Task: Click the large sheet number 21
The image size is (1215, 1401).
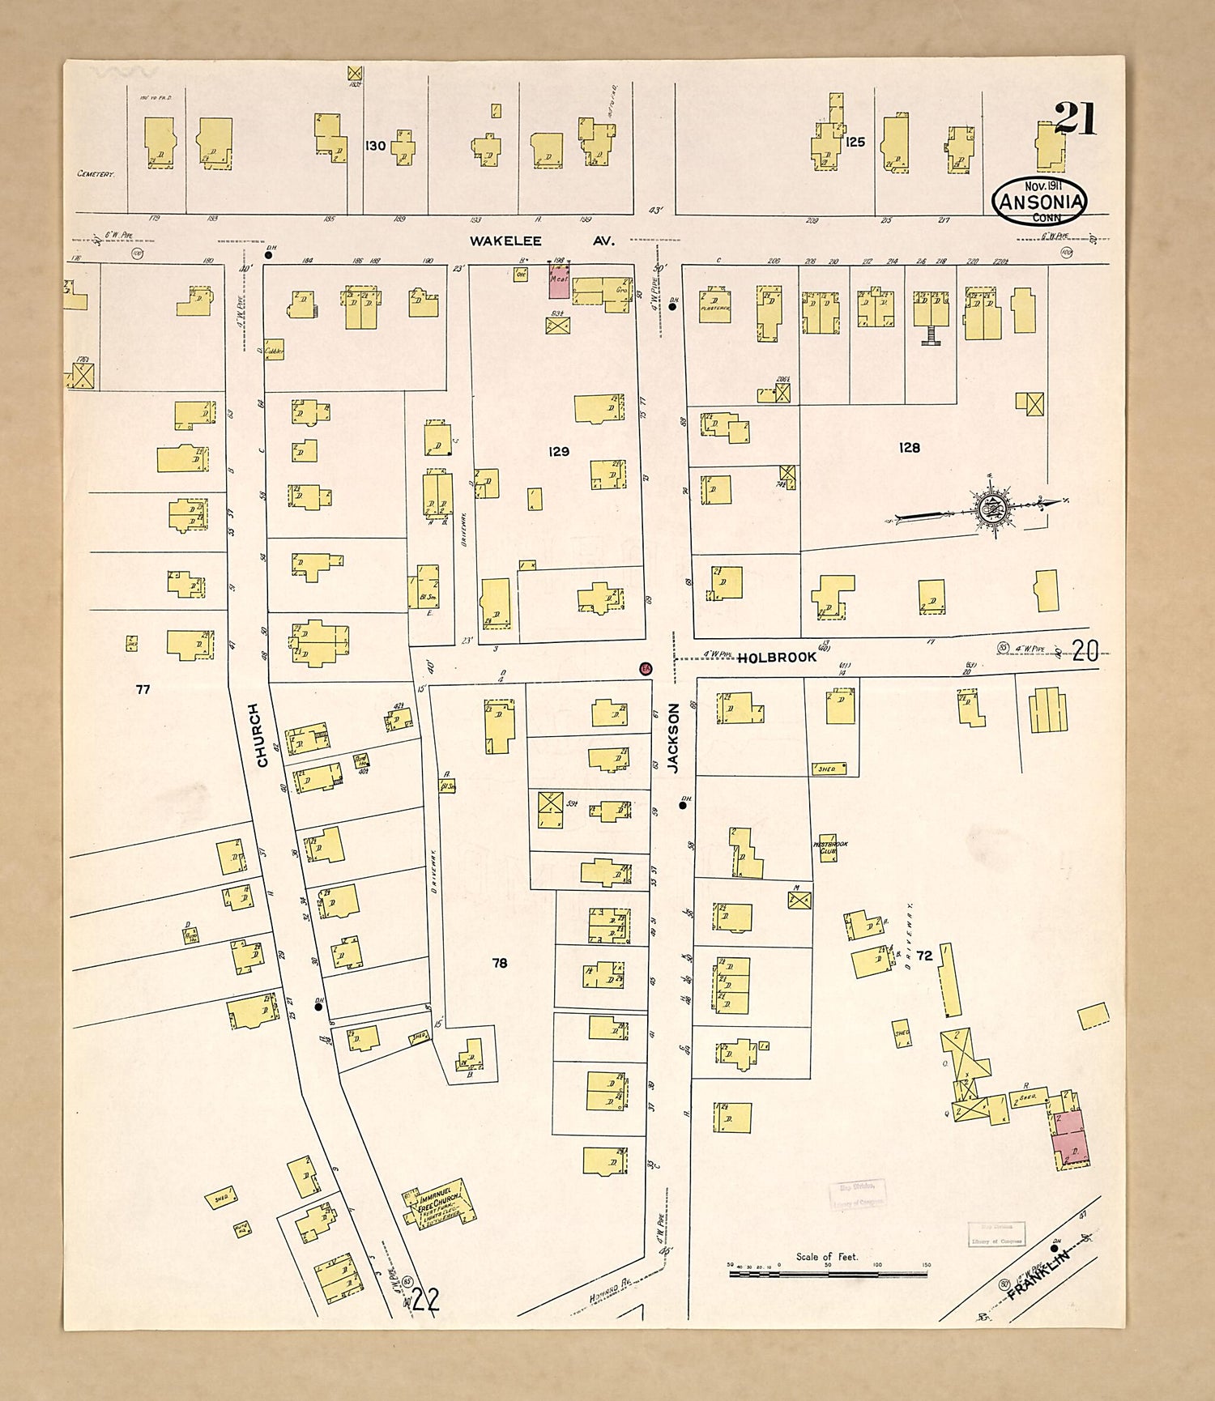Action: pyautogui.click(x=1076, y=118)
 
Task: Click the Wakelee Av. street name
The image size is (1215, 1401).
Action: pyautogui.click(x=543, y=241)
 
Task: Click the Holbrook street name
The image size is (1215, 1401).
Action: pyautogui.click(x=776, y=658)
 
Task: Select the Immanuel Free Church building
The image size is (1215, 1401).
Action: pyautogui.click(x=440, y=1205)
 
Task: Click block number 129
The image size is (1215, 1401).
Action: pyautogui.click(x=559, y=451)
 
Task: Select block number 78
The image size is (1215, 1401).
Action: pyautogui.click(x=500, y=963)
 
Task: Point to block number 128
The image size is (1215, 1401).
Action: pyautogui.click(x=910, y=447)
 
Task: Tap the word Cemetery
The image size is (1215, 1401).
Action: pyautogui.click(x=96, y=174)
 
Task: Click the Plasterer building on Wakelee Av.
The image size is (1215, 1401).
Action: pyautogui.click(x=714, y=304)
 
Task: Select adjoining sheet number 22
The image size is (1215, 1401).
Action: pyautogui.click(x=425, y=1301)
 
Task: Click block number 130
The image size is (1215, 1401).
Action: pyautogui.click(x=375, y=146)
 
